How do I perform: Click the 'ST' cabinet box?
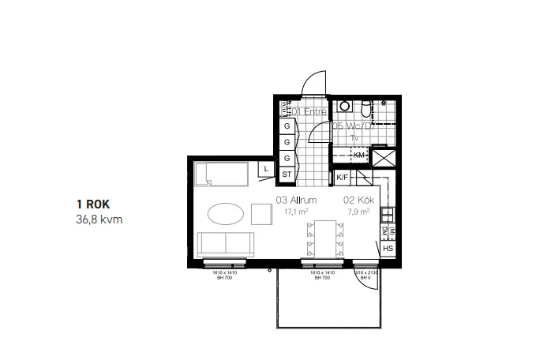(x=287, y=174)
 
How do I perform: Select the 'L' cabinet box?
(x=267, y=168)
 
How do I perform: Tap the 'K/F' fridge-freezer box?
(x=343, y=178)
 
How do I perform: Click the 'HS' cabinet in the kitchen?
(x=388, y=249)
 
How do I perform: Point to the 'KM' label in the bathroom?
(x=360, y=155)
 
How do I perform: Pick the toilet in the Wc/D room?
(x=365, y=108)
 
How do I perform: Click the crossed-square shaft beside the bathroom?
(x=384, y=157)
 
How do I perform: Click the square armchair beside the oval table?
(x=261, y=214)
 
